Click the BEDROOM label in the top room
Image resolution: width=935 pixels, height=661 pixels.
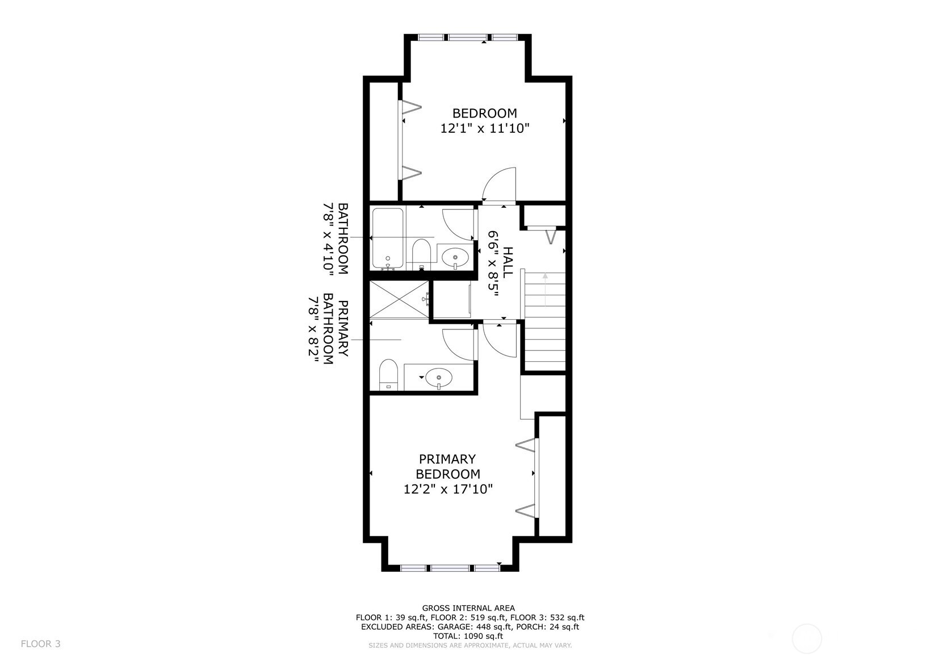pos(485,113)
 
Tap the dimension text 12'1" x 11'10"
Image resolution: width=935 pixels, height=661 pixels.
pos(485,128)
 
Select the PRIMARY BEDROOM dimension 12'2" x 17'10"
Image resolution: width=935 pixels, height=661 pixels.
pos(448,489)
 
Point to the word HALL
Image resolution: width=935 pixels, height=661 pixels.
pos(508,263)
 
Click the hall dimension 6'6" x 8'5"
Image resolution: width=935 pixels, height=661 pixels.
pos(494,263)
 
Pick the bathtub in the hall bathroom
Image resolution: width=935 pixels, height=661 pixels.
pos(388,239)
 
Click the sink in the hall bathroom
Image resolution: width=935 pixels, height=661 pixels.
pos(455,257)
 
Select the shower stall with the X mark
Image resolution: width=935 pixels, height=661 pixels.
pos(400,300)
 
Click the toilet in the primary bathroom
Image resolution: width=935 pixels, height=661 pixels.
pos(388,375)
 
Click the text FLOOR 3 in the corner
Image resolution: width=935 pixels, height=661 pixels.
pos(40,643)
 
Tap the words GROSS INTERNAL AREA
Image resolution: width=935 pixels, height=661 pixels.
pos(468,608)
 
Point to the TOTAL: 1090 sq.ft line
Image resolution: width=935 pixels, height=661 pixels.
pos(468,636)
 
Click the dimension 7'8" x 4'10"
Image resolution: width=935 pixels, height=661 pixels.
pos(329,239)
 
